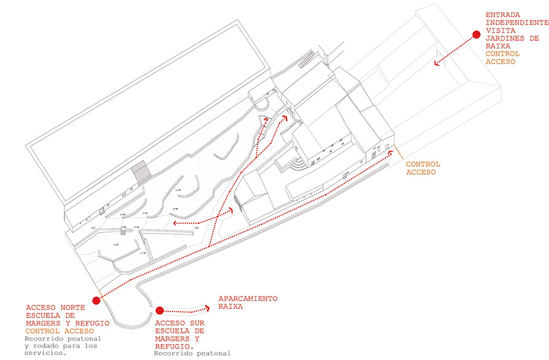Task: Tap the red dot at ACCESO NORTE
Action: pyautogui.click(x=96, y=301)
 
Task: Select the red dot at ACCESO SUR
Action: pyautogui.click(x=159, y=310)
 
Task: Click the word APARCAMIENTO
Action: pyautogui.click(x=248, y=299)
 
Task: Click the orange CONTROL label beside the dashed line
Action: pyautogui.click(x=423, y=164)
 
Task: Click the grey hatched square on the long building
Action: pyautogui.click(x=141, y=172)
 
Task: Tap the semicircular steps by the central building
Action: pyautogui.click(x=297, y=165)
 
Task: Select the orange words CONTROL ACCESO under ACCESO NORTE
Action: pyautogui.click(x=60, y=330)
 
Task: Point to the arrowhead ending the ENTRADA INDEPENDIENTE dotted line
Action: pyautogui.click(x=437, y=61)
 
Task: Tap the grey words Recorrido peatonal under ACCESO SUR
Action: pyautogui.click(x=192, y=353)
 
